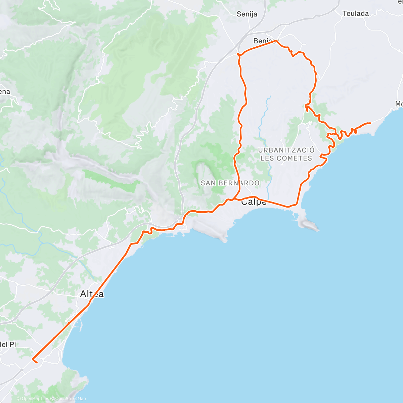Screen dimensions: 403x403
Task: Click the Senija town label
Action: coord(247,14)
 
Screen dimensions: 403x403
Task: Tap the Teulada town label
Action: coord(356,14)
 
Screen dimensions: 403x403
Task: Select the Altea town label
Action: coord(92,294)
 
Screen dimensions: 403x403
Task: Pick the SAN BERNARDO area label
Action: coord(230,183)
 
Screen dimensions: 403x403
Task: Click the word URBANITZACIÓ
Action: coord(286,150)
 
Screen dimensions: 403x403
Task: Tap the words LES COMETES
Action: coord(286,158)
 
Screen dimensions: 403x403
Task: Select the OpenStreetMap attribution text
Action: coord(70,399)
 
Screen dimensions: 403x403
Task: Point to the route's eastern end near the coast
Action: coord(370,123)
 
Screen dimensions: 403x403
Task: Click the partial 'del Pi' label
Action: coord(8,344)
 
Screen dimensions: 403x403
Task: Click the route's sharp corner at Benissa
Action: coord(276,40)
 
